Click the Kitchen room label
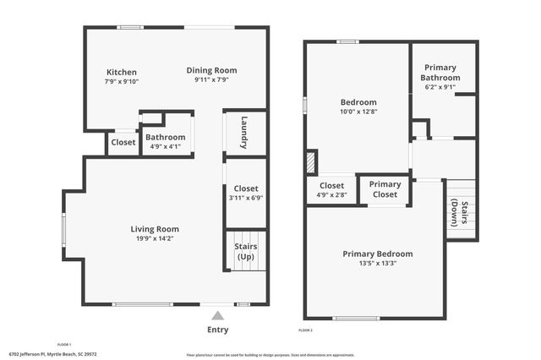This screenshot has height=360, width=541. pyautogui.click(x=121, y=73)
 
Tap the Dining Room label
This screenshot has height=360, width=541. pyautogui.click(x=211, y=70)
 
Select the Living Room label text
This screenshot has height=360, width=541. pyautogui.click(x=155, y=229)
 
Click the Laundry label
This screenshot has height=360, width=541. pyautogui.click(x=244, y=133)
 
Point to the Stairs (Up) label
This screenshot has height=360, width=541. pyautogui.click(x=245, y=252)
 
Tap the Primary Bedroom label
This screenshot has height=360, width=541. pyautogui.click(x=377, y=254)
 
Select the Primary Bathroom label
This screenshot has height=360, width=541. pyautogui.click(x=440, y=73)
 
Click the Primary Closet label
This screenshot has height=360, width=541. pyautogui.click(x=385, y=189)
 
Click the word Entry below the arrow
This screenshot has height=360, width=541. pyautogui.click(x=217, y=330)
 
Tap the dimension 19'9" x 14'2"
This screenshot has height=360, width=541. pyautogui.click(x=155, y=238)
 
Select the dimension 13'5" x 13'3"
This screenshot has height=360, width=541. pyautogui.click(x=377, y=263)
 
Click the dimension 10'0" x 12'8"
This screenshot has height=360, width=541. pyautogui.click(x=358, y=112)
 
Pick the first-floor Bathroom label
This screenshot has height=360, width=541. pyautogui.click(x=165, y=137)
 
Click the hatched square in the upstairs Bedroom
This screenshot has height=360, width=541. pyautogui.click(x=311, y=161)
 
